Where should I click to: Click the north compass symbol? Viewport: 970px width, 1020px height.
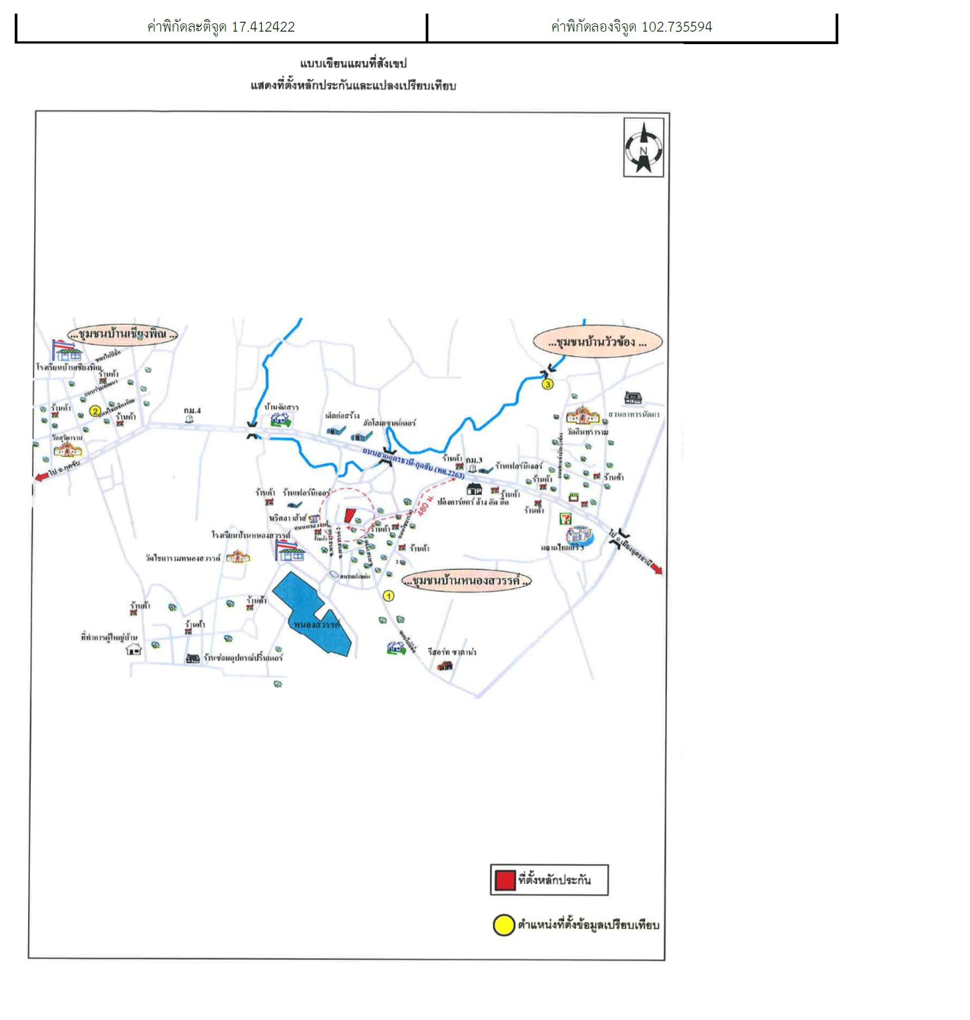(643, 148)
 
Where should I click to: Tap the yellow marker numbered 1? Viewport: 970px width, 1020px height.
(389, 596)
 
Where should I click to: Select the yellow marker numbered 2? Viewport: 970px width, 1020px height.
(95, 411)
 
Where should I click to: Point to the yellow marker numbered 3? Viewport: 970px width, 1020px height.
(548, 384)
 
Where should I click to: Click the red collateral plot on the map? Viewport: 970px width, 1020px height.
(349, 515)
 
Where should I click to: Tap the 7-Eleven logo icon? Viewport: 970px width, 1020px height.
(566, 518)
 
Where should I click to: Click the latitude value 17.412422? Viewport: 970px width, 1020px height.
(263, 27)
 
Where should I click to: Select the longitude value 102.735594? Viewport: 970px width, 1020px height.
(677, 27)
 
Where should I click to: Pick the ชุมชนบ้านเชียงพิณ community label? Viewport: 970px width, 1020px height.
(122, 334)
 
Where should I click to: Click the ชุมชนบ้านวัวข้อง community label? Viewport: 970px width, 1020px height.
(597, 342)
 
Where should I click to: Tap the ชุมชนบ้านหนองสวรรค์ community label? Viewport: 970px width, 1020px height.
(466, 581)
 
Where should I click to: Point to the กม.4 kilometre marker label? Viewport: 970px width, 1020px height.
(192, 410)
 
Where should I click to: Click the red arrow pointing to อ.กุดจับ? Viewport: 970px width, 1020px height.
(41, 477)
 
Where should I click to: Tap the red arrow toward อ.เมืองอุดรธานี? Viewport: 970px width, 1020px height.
(656, 569)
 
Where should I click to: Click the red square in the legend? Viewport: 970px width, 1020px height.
(505, 880)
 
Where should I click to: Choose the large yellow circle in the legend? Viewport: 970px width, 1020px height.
(504, 925)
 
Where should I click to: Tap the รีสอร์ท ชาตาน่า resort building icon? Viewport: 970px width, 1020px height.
(445, 665)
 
